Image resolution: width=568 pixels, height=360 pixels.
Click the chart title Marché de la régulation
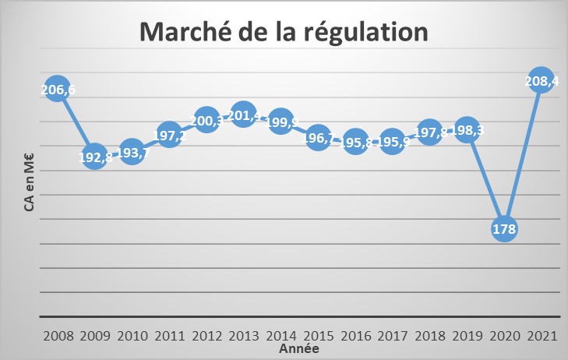click(284, 33)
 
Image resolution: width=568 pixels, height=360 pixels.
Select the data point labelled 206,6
click(57, 89)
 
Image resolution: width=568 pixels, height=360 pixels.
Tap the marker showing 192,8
click(94, 156)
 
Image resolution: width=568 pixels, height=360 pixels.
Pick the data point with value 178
click(504, 228)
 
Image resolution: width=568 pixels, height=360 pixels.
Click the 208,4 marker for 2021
click(541, 80)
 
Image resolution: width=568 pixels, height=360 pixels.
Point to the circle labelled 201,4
click(243, 115)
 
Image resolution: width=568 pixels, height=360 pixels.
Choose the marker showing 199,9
click(280, 122)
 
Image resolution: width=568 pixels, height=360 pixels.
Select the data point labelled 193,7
click(132, 152)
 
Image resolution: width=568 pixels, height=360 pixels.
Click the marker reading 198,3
click(467, 129)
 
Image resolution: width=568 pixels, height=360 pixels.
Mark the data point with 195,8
click(355, 142)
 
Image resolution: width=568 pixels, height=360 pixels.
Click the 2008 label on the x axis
click(58, 337)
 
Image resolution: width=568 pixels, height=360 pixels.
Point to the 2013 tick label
click(244, 337)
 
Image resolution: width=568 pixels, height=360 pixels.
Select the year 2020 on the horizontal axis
click(504, 337)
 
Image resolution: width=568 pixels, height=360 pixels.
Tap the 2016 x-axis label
click(355, 337)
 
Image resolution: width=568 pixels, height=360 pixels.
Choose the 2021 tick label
click(542, 337)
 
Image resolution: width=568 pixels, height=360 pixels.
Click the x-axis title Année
click(298, 350)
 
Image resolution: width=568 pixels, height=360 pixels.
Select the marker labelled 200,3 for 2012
click(206, 120)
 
